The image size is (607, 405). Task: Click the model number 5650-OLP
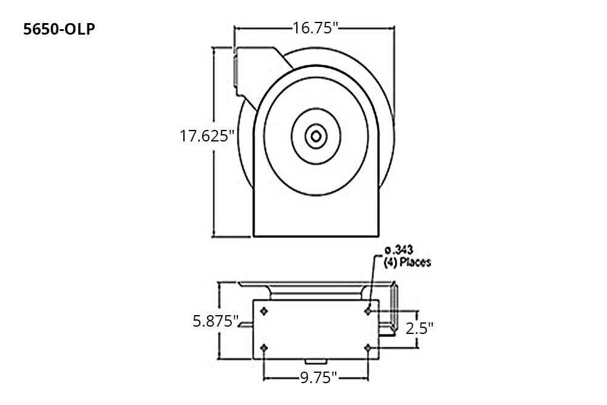coord(59,29)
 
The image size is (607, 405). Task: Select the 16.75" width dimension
coord(315,28)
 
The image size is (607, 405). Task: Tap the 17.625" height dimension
coord(207,136)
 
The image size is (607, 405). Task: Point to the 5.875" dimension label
coord(215,321)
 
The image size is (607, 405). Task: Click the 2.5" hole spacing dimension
coord(419,328)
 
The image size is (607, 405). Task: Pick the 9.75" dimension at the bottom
coord(319,378)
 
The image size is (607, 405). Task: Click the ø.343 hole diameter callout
coord(399,250)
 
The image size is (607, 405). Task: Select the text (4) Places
coord(407,262)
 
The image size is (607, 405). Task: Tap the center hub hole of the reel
coord(316,136)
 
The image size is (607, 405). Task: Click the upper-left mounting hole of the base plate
coord(264,311)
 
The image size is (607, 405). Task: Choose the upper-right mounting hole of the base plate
coord(368,311)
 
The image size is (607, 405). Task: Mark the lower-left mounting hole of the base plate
coord(264,348)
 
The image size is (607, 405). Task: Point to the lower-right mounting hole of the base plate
coord(368,348)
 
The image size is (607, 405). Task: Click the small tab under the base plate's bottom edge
coord(316,362)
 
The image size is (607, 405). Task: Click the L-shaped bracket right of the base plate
coord(388,310)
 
